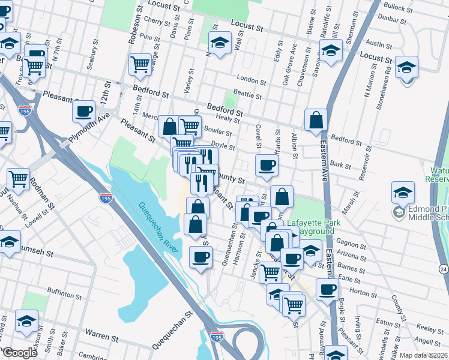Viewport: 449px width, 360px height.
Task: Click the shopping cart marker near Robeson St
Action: [140, 64]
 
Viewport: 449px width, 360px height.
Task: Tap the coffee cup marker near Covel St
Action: [266, 165]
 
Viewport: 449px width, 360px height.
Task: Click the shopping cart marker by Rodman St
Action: [19, 178]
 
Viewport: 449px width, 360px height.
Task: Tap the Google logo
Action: [20, 353]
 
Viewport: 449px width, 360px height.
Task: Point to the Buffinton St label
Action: [64, 295]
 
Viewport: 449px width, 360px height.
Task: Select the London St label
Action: [251, 80]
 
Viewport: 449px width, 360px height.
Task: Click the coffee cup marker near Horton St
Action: [327, 289]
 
